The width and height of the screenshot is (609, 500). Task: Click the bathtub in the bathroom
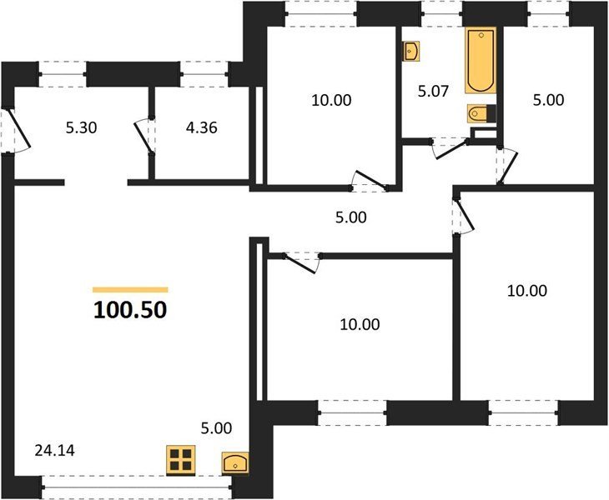[x=481, y=60]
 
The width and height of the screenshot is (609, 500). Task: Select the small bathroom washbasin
[x=411, y=51]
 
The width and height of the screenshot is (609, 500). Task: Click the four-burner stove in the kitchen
[x=180, y=460]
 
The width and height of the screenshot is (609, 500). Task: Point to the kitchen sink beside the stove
[x=235, y=462]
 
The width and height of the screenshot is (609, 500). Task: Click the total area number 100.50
[x=130, y=309]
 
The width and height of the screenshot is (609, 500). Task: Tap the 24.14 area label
[x=55, y=451]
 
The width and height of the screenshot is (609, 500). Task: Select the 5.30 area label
[x=81, y=127]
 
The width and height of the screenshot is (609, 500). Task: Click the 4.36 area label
[x=202, y=127]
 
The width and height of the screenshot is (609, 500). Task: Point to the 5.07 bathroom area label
[x=433, y=91]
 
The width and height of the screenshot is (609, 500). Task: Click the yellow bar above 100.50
[x=130, y=289]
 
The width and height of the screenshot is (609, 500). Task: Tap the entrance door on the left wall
[x=16, y=131]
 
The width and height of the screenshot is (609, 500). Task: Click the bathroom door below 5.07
[x=450, y=147]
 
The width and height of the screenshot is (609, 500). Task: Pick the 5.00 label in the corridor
[x=350, y=217]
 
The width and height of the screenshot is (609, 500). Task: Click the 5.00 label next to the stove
[x=216, y=427]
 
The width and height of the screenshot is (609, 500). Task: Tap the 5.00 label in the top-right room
[x=548, y=100]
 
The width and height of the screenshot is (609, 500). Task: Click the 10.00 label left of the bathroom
[x=331, y=100]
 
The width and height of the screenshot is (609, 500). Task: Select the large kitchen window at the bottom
[x=137, y=487]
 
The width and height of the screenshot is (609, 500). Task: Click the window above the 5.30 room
[x=63, y=74]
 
